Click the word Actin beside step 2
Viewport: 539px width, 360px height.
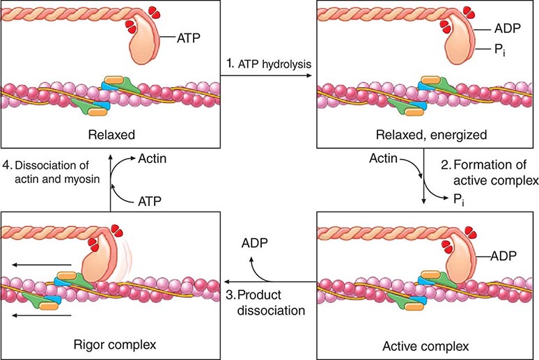[382, 160]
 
